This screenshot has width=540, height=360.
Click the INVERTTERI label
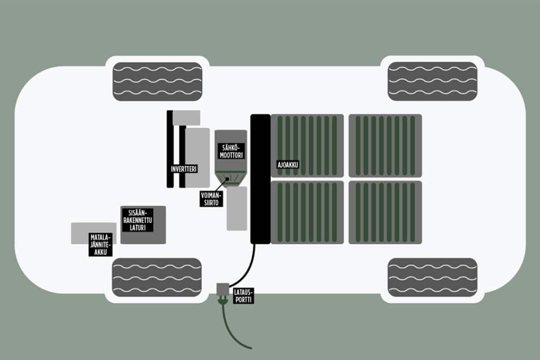[x=184, y=169]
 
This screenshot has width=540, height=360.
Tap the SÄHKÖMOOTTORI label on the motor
[x=230, y=150]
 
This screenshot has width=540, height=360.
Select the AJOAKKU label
[x=288, y=164]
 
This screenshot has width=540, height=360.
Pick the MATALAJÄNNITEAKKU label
[x=100, y=246]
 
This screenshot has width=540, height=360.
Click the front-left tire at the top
[x=158, y=81]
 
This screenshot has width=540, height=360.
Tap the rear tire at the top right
[x=432, y=81]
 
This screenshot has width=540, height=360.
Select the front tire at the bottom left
[x=157, y=277]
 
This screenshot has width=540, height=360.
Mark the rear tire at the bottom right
[x=432, y=277]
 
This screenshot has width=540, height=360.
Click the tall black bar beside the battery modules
[x=260, y=179]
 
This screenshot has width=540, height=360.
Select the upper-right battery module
[x=385, y=145]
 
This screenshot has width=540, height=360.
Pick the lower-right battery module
[x=385, y=212]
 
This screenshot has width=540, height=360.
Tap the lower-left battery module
[x=307, y=212]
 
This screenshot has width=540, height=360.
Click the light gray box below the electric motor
[x=237, y=208]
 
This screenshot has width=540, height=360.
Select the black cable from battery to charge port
[x=248, y=268]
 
